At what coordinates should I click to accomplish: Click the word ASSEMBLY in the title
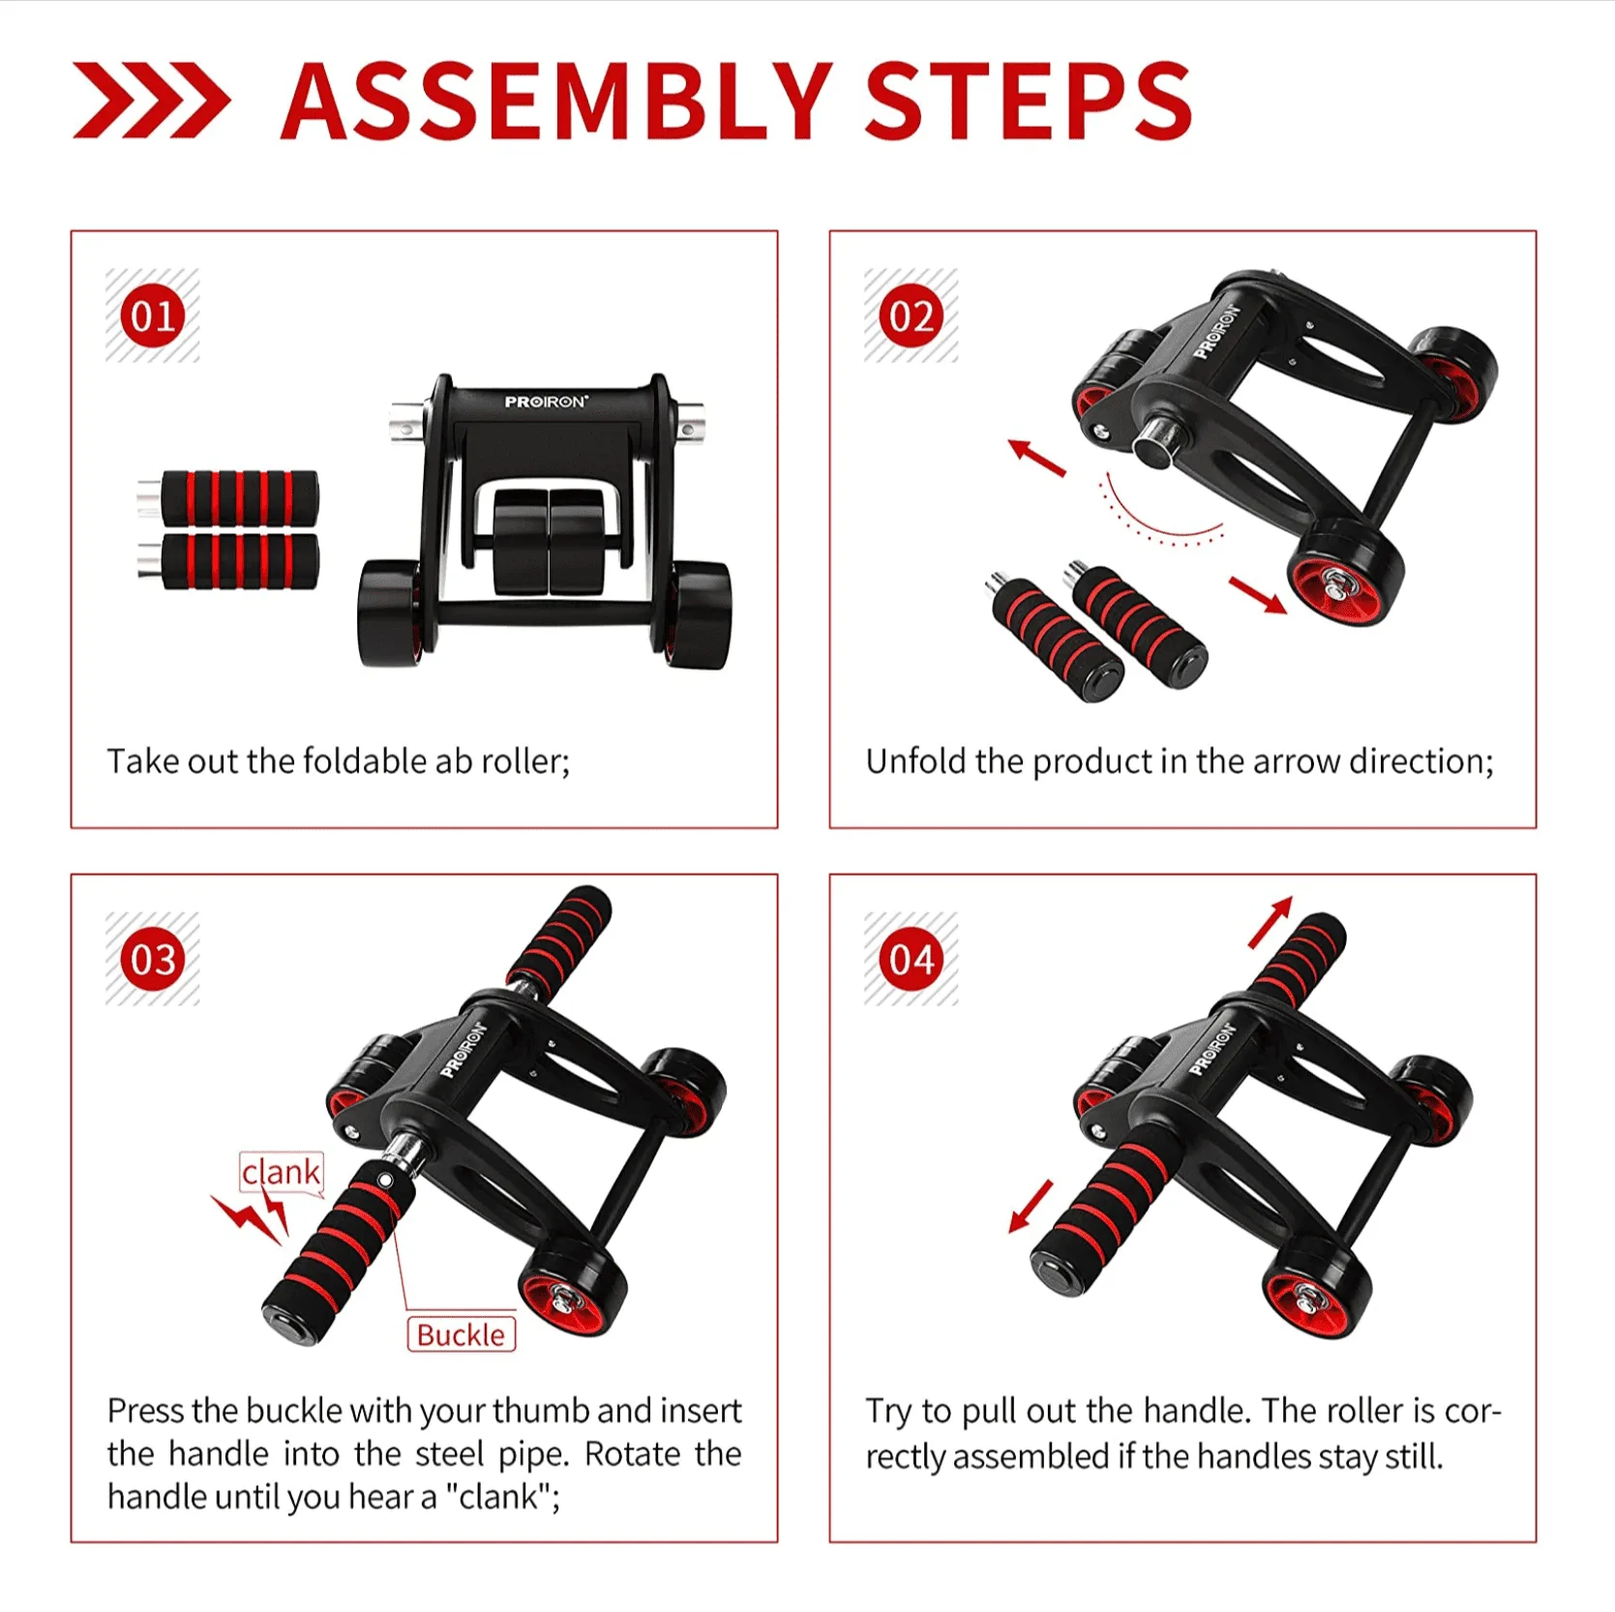tap(556, 102)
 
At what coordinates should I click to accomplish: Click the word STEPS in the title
tap(1028, 102)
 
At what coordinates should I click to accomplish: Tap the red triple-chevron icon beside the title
tap(151, 101)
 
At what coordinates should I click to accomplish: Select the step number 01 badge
tap(152, 315)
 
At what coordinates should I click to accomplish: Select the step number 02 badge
tap(911, 315)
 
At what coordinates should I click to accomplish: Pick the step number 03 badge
tap(152, 959)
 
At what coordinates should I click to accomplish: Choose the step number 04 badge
tap(911, 959)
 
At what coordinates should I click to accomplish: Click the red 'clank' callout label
tap(281, 1173)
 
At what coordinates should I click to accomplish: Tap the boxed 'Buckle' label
tap(461, 1334)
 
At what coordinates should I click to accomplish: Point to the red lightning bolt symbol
tap(252, 1214)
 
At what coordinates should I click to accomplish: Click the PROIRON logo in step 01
tap(546, 402)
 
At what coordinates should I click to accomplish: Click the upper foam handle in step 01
tap(228, 498)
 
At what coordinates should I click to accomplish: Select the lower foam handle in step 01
tap(228, 560)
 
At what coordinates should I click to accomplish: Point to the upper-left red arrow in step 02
tap(1036, 457)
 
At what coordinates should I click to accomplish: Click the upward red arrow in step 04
tap(1271, 921)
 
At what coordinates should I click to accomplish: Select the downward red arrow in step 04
tap(1031, 1206)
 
